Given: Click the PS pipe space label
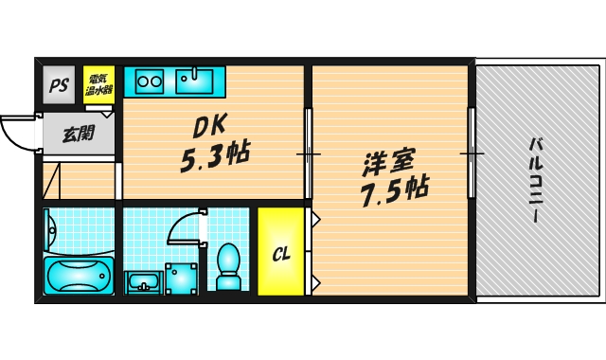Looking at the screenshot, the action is [59, 83].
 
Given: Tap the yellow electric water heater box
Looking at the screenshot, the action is [98, 82].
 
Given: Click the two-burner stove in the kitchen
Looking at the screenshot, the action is [149, 81].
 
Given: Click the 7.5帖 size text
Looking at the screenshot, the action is [391, 190].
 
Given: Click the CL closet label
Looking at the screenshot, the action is [281, 253].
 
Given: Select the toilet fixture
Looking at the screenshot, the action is [229, 265].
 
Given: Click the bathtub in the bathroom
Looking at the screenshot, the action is [79, 275].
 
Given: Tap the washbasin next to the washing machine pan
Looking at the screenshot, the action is [143, 280].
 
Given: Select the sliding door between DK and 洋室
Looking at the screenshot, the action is [308, 153].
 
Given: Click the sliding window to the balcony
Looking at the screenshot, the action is [471, 153].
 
